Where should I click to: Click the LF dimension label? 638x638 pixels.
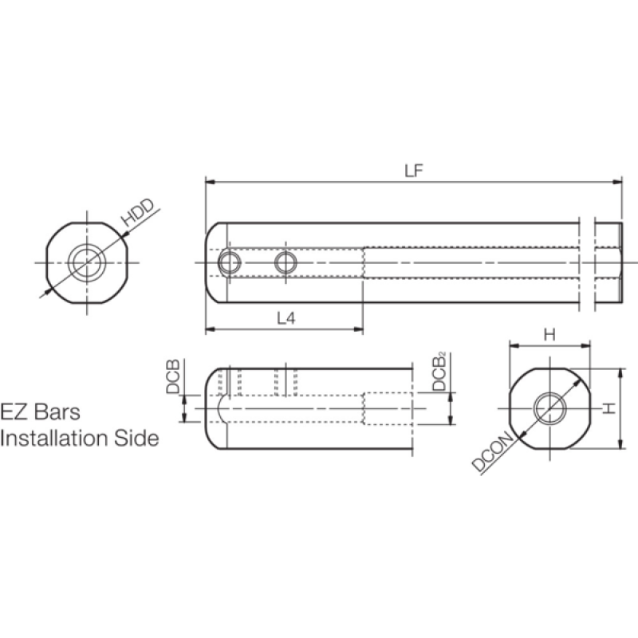click(x=414, y=171)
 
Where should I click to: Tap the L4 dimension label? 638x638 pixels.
click(x=286, y=318)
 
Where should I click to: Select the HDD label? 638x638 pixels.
click(x=139, y=213)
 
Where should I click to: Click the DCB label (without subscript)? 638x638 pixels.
click(x=173, y=376)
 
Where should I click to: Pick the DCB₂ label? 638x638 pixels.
click(x=439, y=371)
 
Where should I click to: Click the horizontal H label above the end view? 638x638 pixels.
click(x=549, y=335)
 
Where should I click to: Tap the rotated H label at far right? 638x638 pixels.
click(x=609, y=408)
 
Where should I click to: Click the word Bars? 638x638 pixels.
click(x=57, y=412)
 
